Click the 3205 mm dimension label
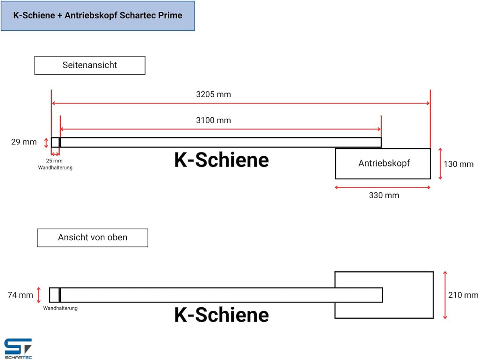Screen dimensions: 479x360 [213, 94]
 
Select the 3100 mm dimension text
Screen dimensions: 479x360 [213, 120]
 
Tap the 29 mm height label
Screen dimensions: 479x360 [24, 142]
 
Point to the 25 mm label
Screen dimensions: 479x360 [54, 161]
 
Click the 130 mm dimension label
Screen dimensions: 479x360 [458, 164]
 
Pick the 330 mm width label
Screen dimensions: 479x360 [384, 195]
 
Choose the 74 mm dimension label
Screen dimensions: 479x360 [20, 295]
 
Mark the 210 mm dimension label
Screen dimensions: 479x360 [463, 295]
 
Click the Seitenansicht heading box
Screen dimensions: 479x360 [90, 65]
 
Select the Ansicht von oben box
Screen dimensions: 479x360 [93, 238]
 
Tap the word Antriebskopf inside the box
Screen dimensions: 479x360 [384, 163]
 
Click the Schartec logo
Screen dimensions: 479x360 [18, 349]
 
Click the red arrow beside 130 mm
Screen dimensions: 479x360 [440, 164]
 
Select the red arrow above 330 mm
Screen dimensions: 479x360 [383, 187]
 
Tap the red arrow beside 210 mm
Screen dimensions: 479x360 [445, 295]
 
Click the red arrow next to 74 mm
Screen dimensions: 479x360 [38, 295]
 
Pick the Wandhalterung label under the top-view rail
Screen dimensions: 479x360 [60, 308]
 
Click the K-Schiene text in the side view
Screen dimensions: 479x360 [221, 160]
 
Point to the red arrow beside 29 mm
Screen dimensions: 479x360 [46, 143]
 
